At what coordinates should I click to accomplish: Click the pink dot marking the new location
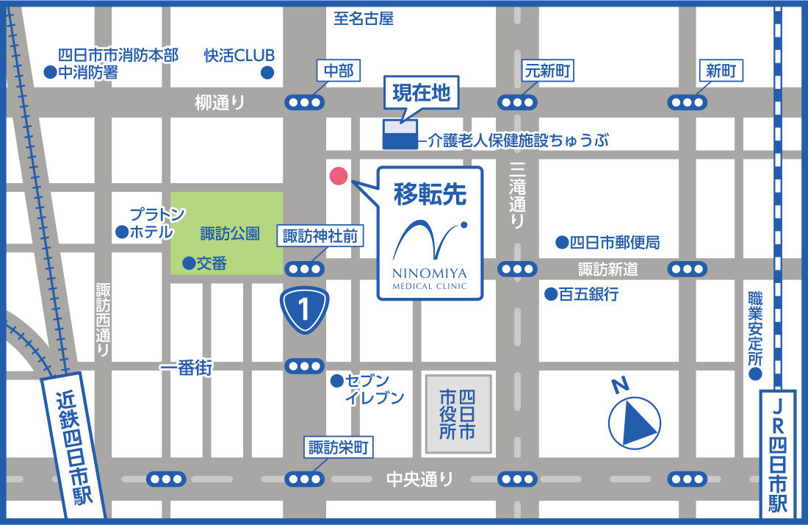tap(338, 176)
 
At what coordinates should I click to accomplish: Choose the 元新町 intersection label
tap(547, 71)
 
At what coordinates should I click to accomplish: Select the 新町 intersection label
tap(720, 71)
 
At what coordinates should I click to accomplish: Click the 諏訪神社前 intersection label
tap(320, 236)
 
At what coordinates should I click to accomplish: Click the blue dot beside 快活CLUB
tap(268, 73)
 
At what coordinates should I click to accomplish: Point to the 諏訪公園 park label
tap(230, 234)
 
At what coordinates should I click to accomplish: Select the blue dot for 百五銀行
tap(549, 295)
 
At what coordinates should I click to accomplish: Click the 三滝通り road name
tap(518, 196)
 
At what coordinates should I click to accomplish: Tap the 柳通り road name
tap(220, 103)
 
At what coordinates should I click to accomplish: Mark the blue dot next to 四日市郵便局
tap(561, 242)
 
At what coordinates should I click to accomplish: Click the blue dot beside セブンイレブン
tap(336, 381)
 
